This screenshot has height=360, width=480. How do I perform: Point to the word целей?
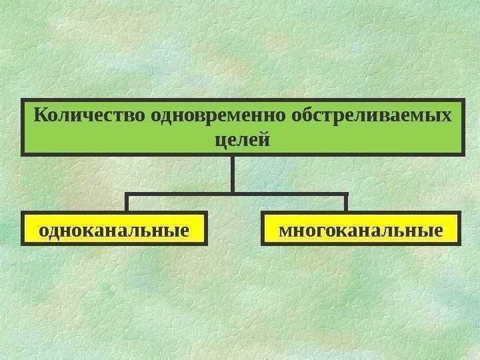point(243,141)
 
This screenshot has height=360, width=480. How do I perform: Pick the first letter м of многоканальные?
point(285,232)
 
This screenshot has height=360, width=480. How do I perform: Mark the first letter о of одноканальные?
point(44,232)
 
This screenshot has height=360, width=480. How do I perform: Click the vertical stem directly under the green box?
point(234,173)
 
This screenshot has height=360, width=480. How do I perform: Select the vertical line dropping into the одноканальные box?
point(127,203)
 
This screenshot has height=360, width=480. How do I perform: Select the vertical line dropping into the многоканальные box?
point(347,203)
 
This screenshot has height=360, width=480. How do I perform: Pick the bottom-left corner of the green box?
point(22,155)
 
